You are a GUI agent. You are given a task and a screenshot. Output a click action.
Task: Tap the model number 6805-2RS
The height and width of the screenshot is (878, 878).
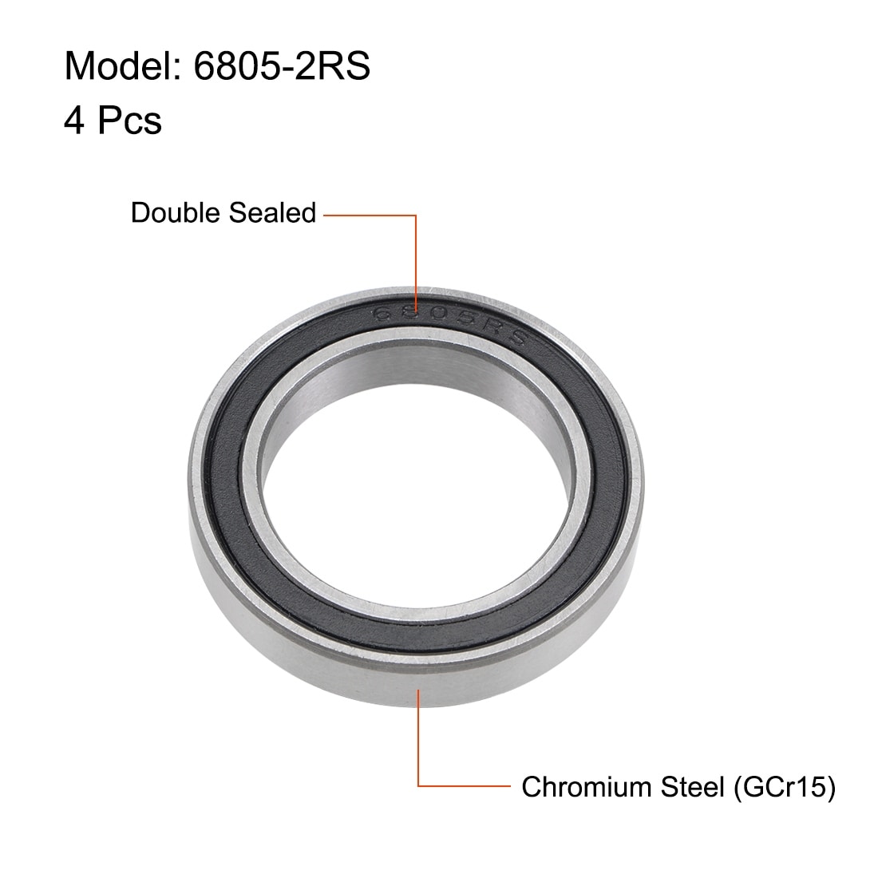(282, 66)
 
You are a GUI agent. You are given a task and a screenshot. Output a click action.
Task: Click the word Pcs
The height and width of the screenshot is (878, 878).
(129, 120)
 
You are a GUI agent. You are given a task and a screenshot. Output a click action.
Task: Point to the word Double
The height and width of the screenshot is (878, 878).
(176, 213)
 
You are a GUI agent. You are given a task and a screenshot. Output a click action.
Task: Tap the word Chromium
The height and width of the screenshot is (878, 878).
(587, 787)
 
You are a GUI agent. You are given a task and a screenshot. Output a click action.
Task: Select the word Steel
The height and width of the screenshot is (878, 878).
(693, 787)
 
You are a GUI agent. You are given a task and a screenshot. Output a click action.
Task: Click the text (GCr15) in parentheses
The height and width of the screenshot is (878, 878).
(785, 787)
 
